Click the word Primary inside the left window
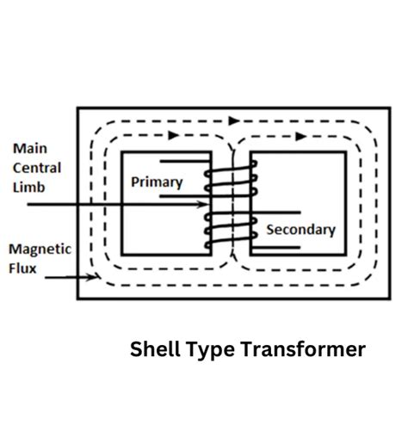tap(157, 182)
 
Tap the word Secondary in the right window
tap(300, 230)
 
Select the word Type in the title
tap(208, 350)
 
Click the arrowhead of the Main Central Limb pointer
tap(205, 205)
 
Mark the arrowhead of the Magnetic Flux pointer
tap(94, 278)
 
